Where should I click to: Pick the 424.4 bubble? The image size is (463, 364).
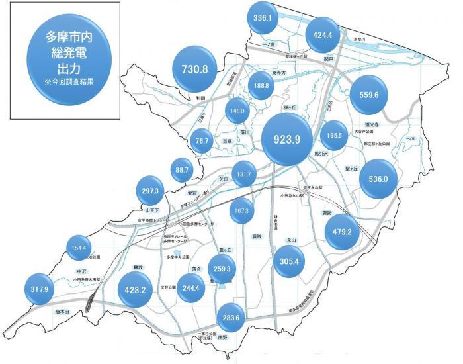[323, 34]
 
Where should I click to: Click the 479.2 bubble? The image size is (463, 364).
[347, 232]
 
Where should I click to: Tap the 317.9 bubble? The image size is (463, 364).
[42, 289]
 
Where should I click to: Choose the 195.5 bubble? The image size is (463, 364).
[334, 135]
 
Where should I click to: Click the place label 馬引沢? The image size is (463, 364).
[320, 154]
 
